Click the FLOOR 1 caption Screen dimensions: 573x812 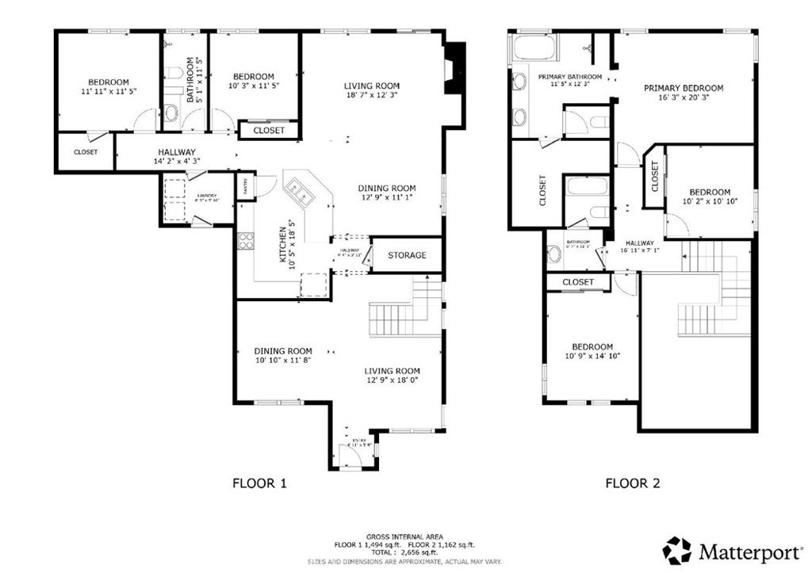pos(259,482)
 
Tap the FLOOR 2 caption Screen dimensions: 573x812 pos(632,482)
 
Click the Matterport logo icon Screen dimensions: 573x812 pos(677,549)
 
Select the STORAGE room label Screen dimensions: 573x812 pos(407,255)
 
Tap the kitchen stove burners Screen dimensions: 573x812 pos(245,240)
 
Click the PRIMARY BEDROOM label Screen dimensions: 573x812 pos(683,88)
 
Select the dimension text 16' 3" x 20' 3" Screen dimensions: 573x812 pos(683,99)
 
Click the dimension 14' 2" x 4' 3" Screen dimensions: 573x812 pos(176,162)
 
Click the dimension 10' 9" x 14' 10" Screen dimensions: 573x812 pos(592,357)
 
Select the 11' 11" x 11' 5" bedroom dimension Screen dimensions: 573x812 pos(109,93)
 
